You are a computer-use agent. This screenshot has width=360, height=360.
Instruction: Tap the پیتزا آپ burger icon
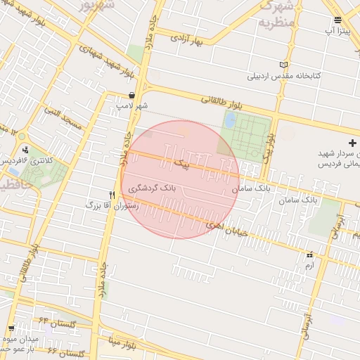click(338, 20)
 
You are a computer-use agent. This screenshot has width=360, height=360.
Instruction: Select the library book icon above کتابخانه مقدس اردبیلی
click(284, 65)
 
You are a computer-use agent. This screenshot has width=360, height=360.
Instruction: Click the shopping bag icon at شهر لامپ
click(132, 96)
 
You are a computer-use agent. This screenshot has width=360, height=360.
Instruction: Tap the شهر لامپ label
click(132, 106)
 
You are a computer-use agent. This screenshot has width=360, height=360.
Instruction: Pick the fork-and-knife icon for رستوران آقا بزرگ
click(111, 195)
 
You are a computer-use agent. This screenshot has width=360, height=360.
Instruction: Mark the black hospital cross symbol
click(352, 143)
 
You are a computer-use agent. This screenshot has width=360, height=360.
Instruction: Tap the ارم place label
click(309, 265)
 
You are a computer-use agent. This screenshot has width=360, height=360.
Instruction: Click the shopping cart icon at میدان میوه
click(11, 328)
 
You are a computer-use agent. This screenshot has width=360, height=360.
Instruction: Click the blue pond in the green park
click(229, 120)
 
